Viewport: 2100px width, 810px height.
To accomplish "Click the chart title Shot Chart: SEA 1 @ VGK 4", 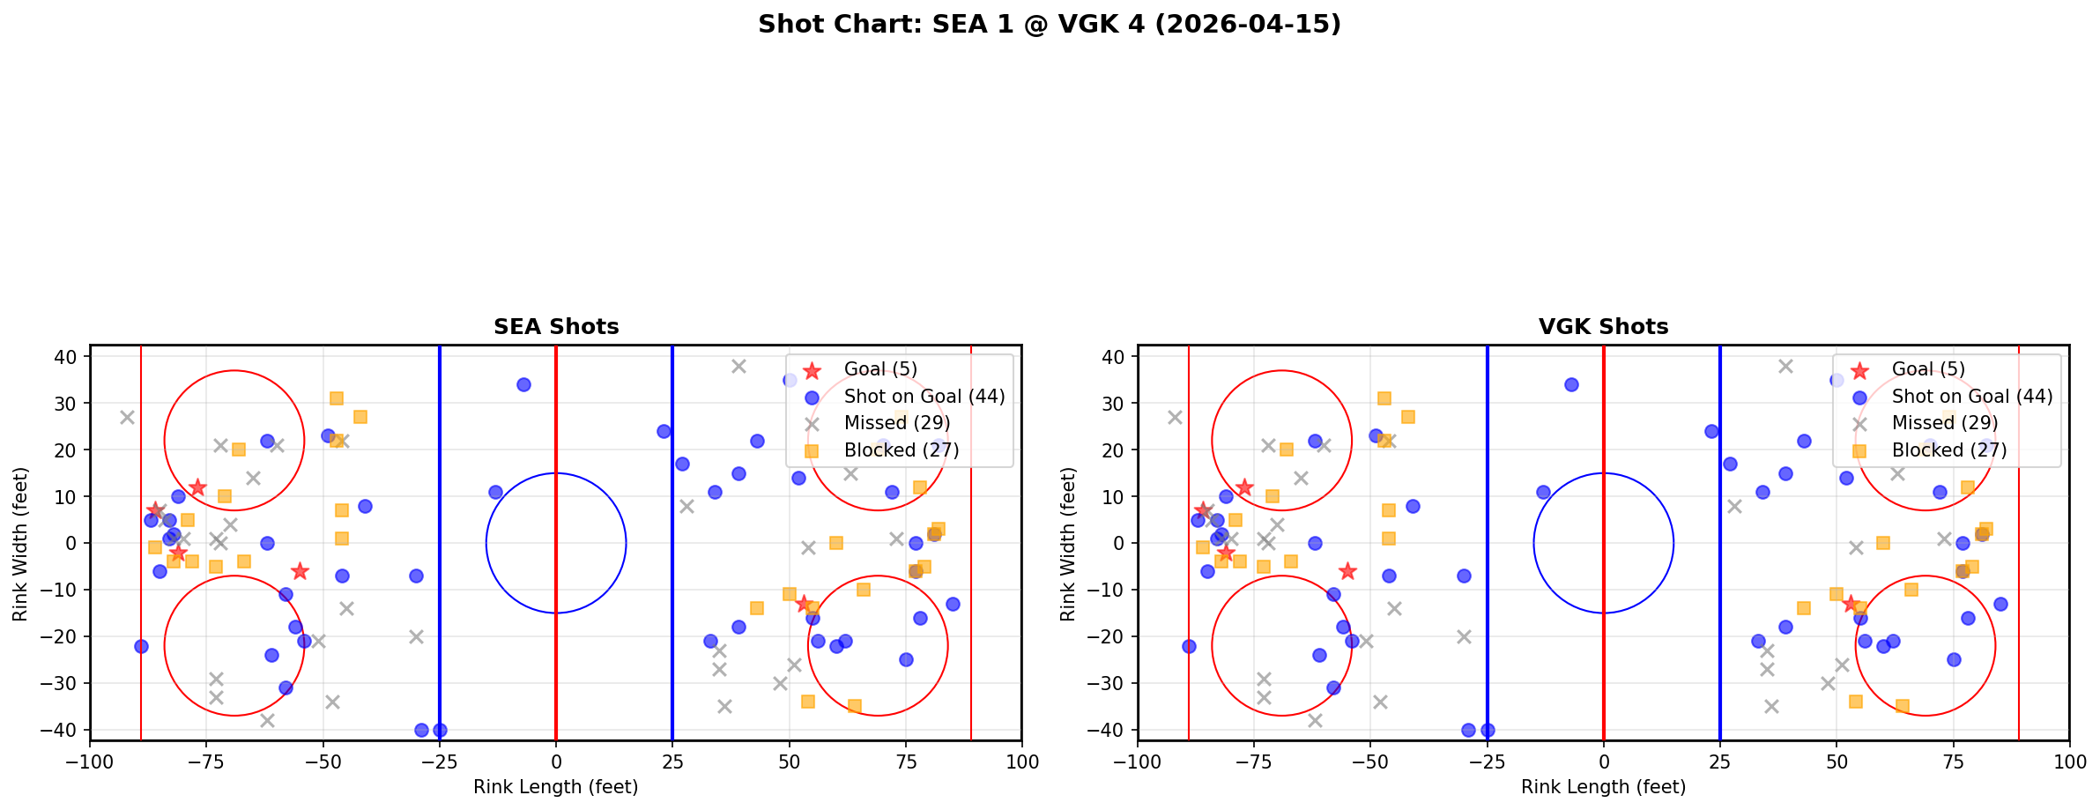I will (x=1049, y=25).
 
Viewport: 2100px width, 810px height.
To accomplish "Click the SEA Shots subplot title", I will (x=556, y=327).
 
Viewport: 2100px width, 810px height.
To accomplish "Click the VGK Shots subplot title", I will (x=1603, y=327).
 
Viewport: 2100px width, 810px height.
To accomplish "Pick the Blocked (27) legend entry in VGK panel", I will (x=1948, y=450).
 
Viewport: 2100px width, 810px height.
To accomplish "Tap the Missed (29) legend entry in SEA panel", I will (x=896, y=423).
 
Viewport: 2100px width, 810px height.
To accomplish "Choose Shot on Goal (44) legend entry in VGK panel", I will (x=1971, y=397).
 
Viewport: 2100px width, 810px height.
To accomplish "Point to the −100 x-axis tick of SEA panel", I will (x=90, y=762).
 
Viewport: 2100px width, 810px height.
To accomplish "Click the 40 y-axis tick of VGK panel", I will (x=1115, y=357).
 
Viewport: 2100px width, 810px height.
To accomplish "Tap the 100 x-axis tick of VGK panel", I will (x=2068, y=762).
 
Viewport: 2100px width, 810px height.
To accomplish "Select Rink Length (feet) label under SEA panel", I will (x=556, y=787).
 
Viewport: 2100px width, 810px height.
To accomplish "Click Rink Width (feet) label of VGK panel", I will (x=1068, y=544).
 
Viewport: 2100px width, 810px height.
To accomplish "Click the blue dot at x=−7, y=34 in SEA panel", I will (x=523, y=384).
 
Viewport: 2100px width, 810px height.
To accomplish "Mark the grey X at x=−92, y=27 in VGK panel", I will (x=1175, y=417).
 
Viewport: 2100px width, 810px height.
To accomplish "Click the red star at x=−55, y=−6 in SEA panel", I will (x=300, y=571).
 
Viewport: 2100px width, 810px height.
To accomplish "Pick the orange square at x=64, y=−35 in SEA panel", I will (x=854, y=706).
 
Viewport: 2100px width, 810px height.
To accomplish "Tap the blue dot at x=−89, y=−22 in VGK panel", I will (x=1189, y=646).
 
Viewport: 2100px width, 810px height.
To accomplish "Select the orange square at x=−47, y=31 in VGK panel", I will (x=1384, y=398).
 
